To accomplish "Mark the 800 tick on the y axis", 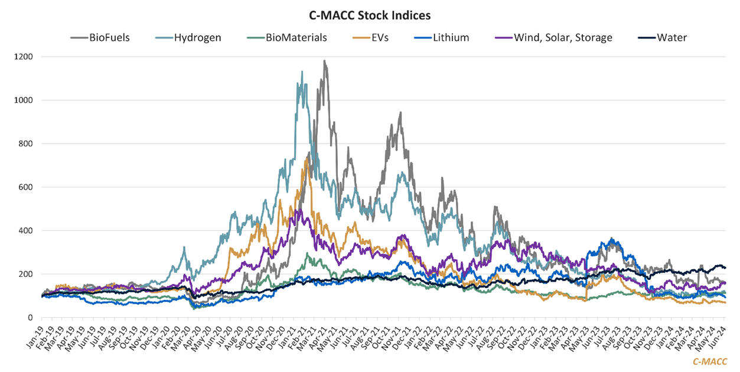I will (42, 144).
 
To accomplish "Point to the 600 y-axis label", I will (42, 187).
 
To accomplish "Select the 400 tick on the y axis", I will (42, 231).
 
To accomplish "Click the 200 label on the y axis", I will (42, 275).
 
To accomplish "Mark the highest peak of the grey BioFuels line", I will (324, 60).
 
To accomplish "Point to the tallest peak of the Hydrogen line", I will (302, 71).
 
